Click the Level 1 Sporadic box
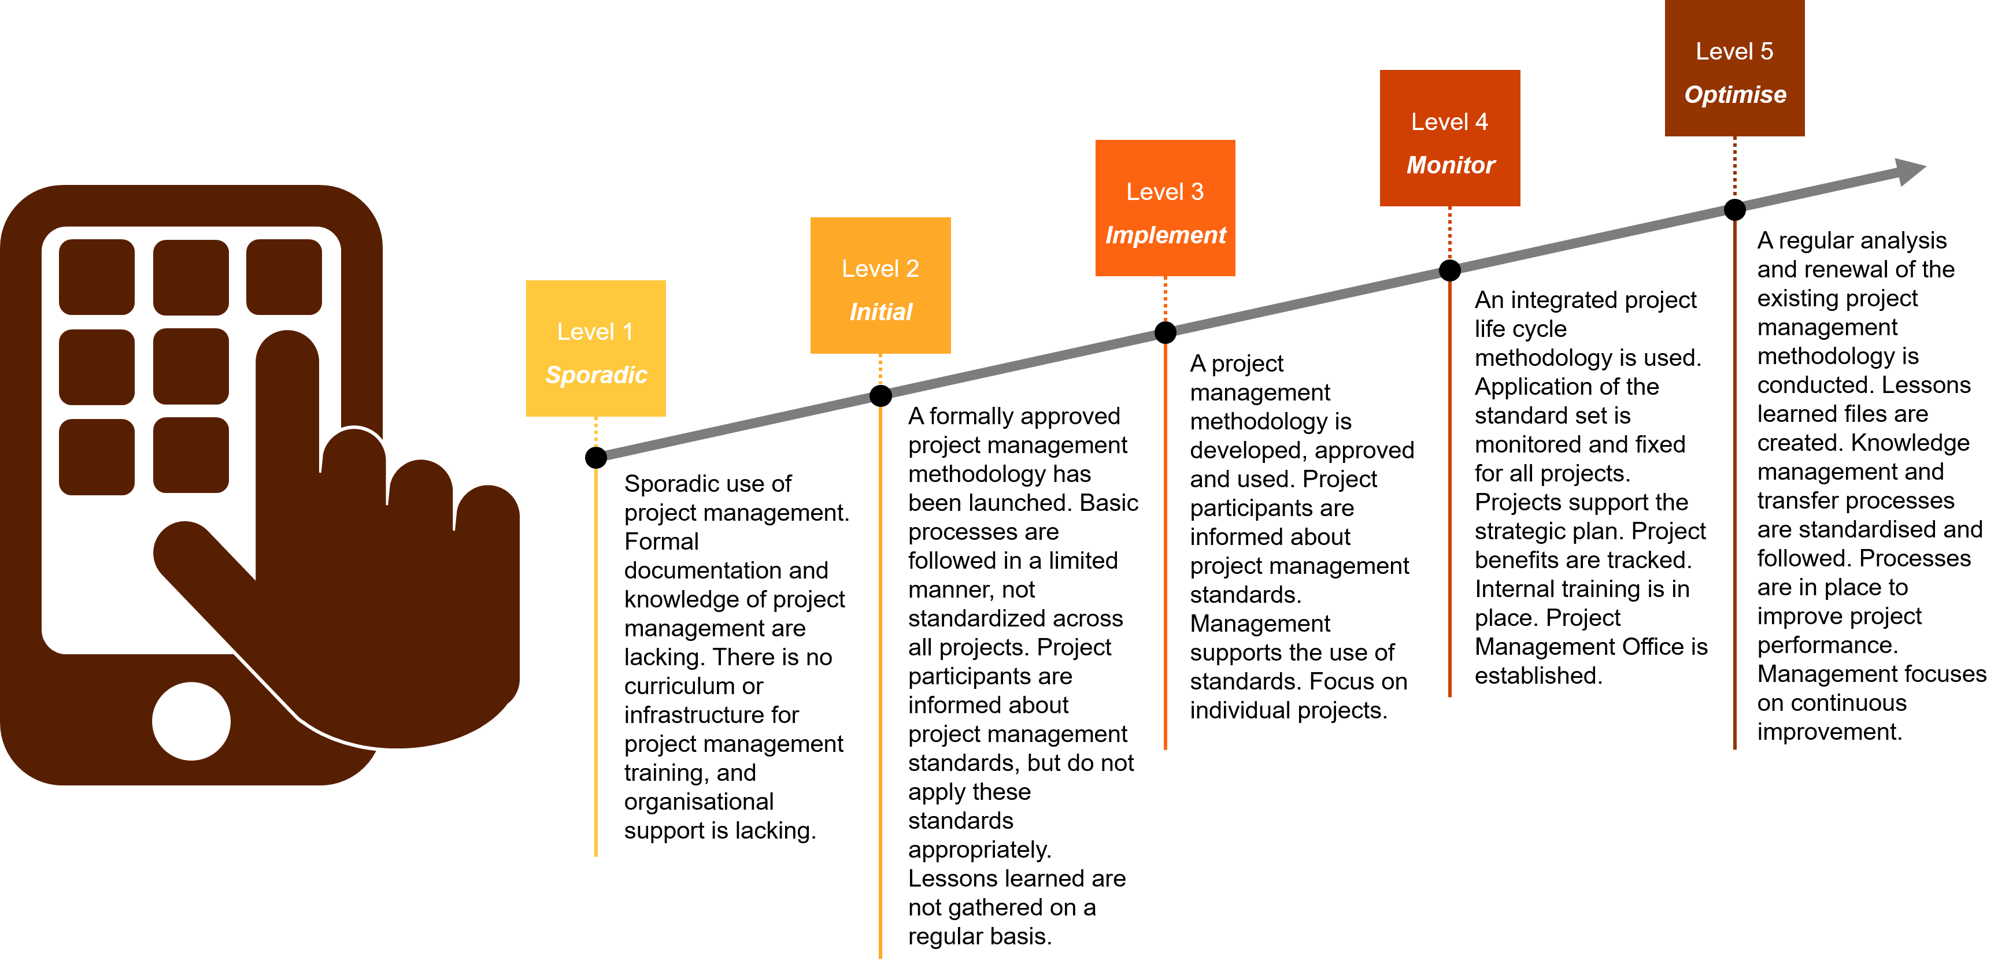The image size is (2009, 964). [596, 348]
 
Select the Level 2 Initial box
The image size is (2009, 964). [880, 286]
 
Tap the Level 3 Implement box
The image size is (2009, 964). [1165, 207]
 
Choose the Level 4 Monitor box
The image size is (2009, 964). [1450, 138]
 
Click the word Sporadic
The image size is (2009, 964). [597, 375]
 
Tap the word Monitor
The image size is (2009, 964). [1451, 165]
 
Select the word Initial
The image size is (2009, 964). [880, 312]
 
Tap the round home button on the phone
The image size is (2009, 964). [191, 721]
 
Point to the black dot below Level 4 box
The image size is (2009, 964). [1450, 270]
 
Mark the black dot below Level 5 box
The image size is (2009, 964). [1734, 210]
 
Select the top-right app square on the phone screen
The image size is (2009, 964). [284, 277]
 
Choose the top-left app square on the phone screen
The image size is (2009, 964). [97, 277]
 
